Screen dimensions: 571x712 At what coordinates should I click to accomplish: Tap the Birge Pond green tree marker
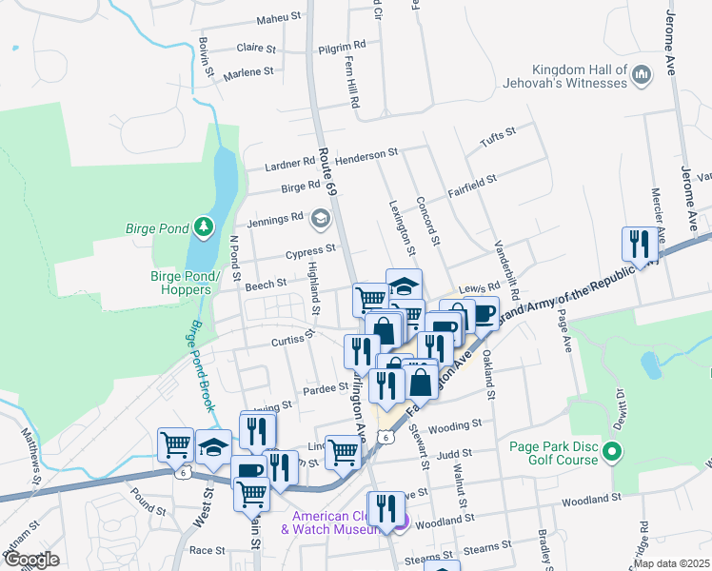(x=202, y=226)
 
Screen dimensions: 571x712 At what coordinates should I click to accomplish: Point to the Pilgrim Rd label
(x=342, y=45)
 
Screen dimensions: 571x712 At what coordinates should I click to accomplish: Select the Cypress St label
(x=311, y=252)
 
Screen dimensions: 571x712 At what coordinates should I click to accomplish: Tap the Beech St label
(x=267, y=284)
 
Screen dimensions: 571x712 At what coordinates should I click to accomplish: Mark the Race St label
(x=207, y=550)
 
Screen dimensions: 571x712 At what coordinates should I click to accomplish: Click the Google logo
(x=31, y=560)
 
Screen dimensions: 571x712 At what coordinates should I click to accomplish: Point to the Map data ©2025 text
(x=670, y=563)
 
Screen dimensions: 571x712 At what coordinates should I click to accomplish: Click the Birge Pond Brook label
(x=200, y=365)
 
